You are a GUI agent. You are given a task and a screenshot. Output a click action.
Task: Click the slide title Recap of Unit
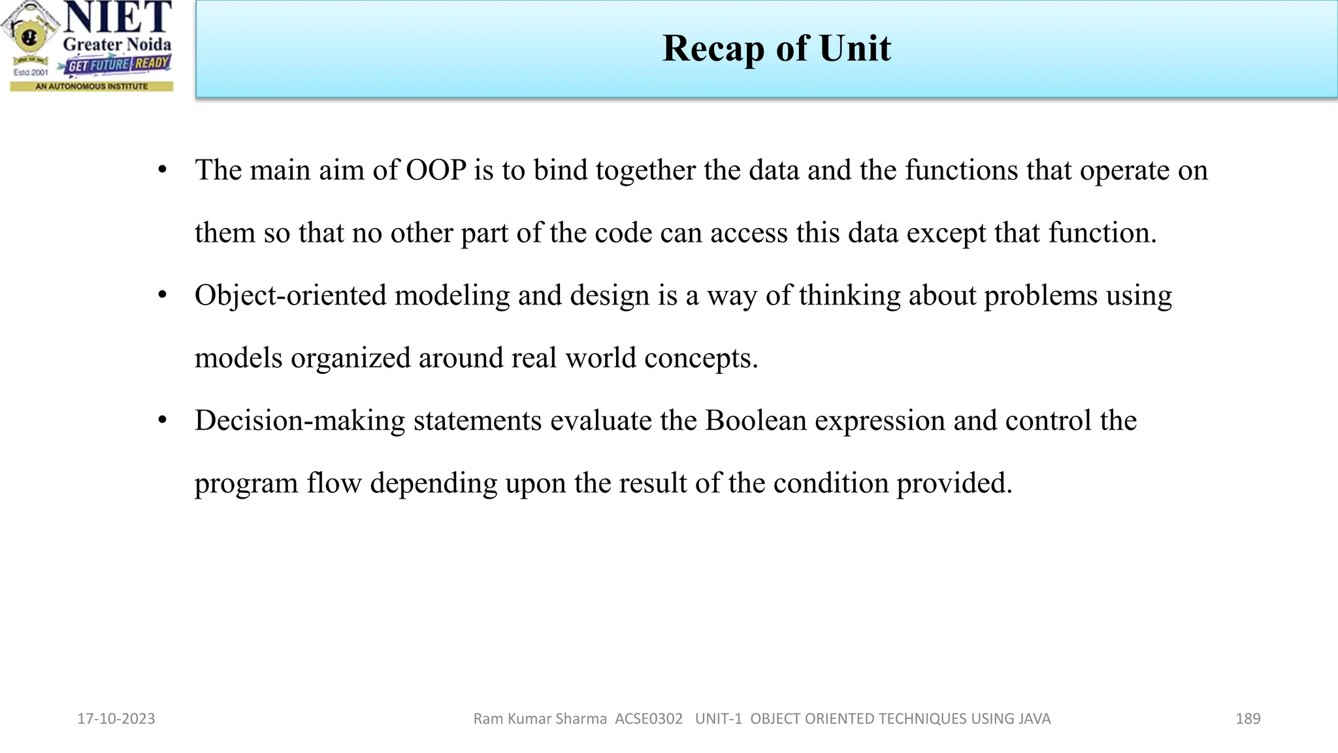tap(776, 48)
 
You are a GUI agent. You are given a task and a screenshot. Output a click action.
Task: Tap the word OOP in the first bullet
tap(436, 170)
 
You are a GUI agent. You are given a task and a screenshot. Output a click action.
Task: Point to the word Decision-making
tap(300, 421)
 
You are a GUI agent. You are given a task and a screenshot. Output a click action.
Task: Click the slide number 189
tap(1248, 719)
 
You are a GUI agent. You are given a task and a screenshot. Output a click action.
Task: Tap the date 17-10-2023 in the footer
tap(116, 719)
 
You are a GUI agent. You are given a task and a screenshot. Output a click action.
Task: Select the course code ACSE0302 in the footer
tap(649, 719)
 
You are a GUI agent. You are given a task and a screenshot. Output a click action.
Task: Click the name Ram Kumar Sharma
tap(540, 719)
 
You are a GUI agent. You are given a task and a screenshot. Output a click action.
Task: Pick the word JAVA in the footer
tap(1032, 719)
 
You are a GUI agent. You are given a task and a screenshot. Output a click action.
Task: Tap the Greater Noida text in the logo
tap(117, 44)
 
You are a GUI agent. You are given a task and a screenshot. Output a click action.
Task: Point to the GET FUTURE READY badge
tap(118, 65)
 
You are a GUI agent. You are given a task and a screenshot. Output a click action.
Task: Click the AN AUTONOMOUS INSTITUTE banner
tap(91, 86)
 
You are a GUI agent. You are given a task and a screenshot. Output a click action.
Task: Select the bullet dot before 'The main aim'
tap(163, 170)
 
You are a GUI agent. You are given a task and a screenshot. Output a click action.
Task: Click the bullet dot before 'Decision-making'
tap(163, 420)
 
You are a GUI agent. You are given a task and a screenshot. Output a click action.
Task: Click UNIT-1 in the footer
tap(719, 719)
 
